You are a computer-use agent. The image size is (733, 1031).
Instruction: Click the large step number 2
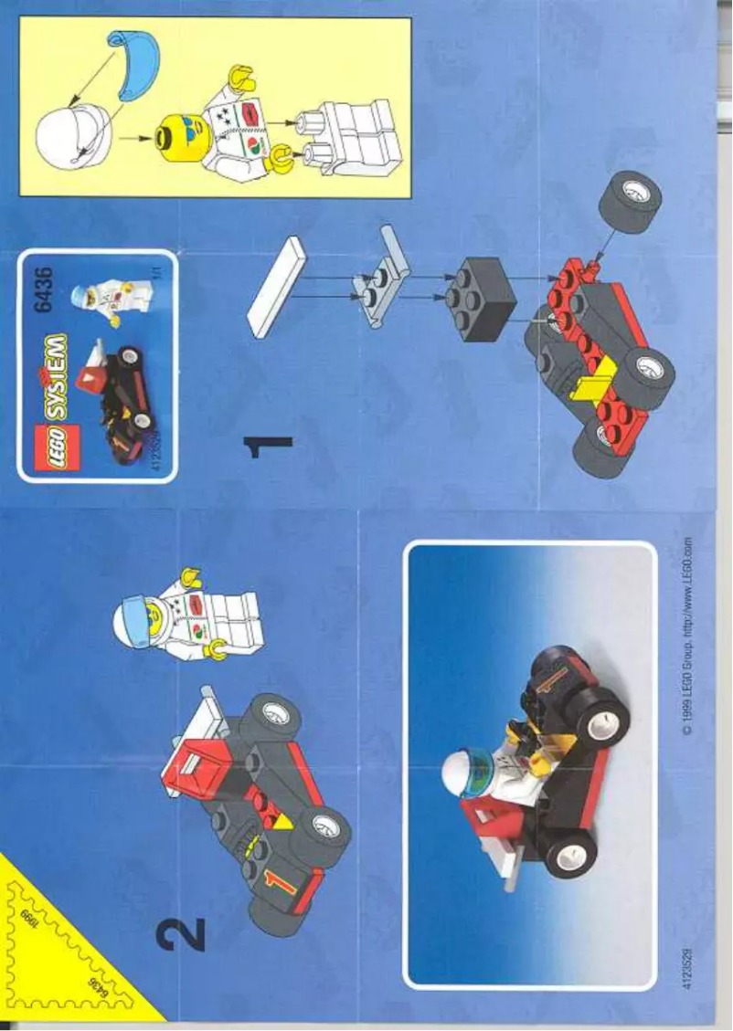pos(179,934)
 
